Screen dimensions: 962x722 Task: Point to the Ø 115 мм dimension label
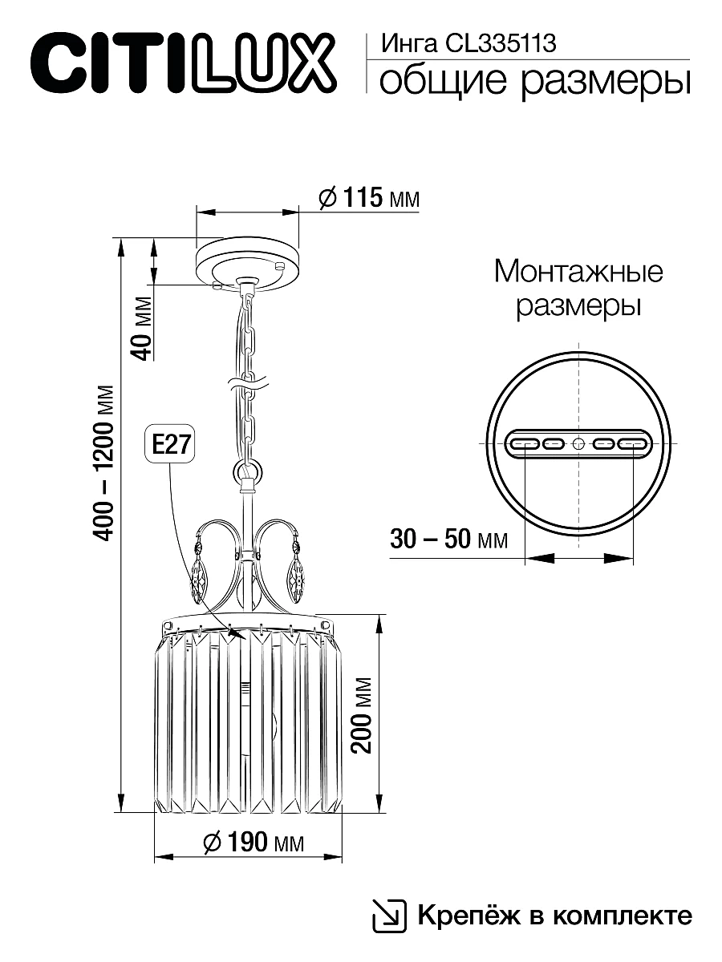click(368, 197)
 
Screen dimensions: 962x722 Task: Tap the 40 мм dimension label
click(141, 328)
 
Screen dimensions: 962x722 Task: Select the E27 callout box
click(169, 444)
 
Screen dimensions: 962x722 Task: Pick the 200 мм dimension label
click(363, 713)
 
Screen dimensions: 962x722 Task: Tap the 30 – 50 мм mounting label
click(448, 539)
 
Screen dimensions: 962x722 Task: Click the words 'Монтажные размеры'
click(578, 289)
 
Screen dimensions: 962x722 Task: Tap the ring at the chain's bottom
click(247, 471)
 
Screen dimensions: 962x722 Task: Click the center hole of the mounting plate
click(578, 443)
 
